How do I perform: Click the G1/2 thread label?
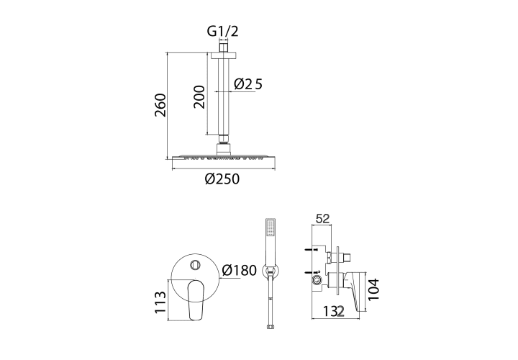222,32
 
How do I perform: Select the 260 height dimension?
160,105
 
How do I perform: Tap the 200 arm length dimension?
199,97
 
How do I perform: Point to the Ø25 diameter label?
247,84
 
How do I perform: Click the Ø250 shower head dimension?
222,179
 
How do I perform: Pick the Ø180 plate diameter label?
240,270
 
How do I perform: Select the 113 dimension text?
160,302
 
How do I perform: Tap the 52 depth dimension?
323,218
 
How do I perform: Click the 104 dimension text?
374,289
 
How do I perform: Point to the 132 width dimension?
333,312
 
